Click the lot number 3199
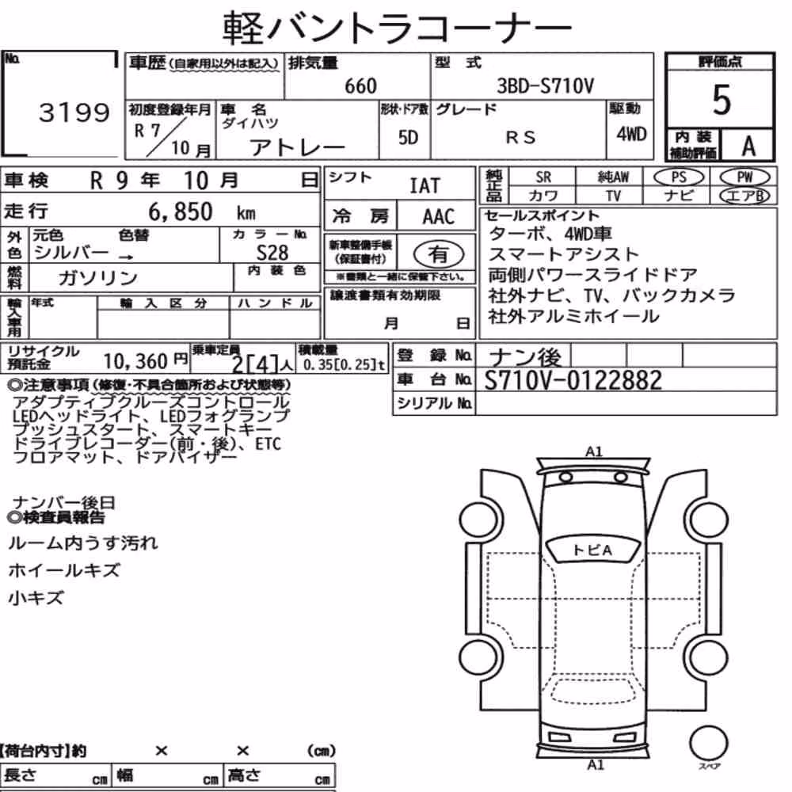(x=74, y=112)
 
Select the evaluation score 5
(x=721, y=100)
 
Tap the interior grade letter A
(x=748, y=146)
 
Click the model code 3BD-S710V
(x=545, y=86)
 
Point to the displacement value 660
(x=360, y=86)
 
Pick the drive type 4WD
(x=631, y=135)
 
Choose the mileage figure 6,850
(x=181, y=211)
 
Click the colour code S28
(x=272, y=252)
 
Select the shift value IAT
(x=425, y=186)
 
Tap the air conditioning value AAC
(x=439, y=217)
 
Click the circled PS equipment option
(x=679, y=177)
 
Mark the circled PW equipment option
(x=744, y=177)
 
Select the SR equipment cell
(x=543, y=177)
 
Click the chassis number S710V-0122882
(x=573, y=380)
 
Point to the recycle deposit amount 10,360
(x=135, y=361)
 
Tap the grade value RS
(x=520, y=137)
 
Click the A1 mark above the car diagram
(x=594, y=451)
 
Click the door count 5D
(x=408, y=137)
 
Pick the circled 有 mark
(x=439, y=253)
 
